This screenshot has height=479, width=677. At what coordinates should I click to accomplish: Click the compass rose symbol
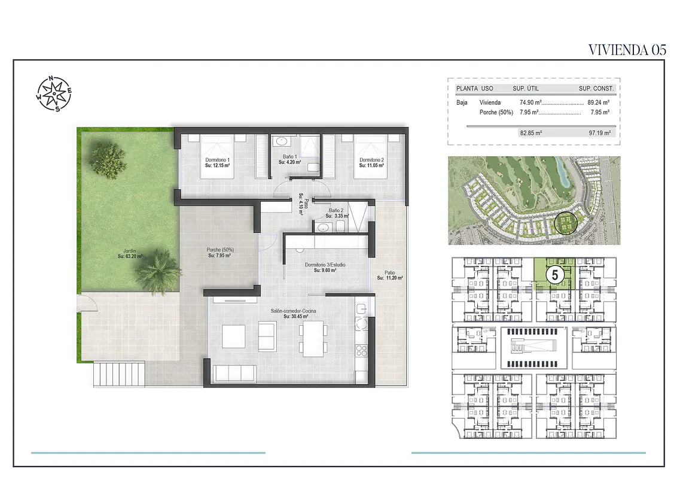pos(54,93)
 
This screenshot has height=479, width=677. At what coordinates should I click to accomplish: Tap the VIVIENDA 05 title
pos(627,50)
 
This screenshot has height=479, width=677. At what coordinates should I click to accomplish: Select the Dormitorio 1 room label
pos(217,162)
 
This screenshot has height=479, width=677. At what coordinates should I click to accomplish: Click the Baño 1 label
pos(289,159)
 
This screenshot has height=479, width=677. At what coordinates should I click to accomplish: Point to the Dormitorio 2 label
pos(371,162)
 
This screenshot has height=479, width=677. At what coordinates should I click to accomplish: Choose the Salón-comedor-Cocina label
pos(293,313)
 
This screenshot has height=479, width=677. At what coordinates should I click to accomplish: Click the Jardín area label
pos(130,253)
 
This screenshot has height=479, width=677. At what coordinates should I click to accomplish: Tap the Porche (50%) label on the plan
pos(219,253)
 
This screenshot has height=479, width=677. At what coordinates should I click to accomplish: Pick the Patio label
pos(389,275)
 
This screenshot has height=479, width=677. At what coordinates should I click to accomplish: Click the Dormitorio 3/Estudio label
pos(325,267)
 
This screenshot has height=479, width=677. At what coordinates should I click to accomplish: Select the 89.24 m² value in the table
pos(599,102)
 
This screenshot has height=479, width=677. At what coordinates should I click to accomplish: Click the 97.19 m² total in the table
pos(600,133)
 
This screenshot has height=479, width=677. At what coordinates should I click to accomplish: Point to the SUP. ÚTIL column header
pos(526,88)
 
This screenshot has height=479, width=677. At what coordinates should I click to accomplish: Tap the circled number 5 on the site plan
pos(555,275)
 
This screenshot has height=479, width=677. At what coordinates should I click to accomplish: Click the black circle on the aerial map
pos(565,223)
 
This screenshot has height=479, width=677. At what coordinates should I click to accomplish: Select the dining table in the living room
pos(313,338)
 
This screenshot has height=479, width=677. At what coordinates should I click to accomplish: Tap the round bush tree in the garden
pos(108,160)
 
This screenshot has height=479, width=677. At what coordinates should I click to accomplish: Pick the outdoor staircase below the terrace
pos(119,374)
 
